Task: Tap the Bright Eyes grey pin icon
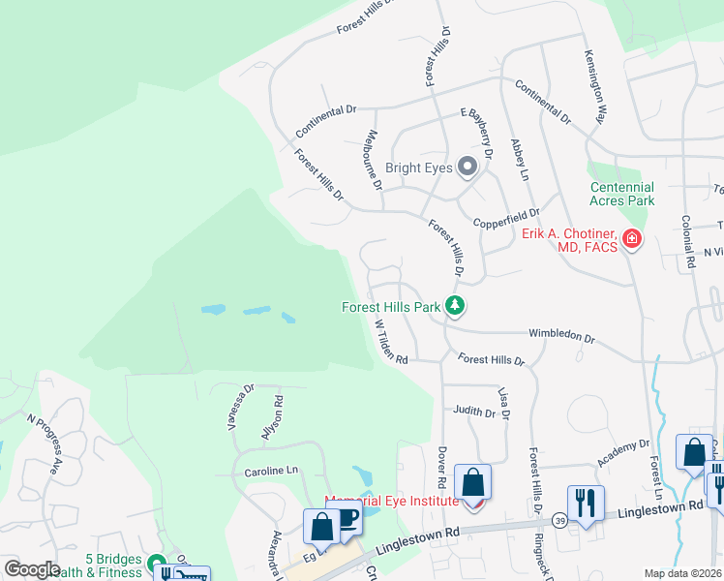pyautogui.click(x=468, y=168)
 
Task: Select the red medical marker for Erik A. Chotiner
pyautogui.click(x=632, y=238)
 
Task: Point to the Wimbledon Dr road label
pyautogui.click(x=561, y=335)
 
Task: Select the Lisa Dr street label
pyautogui.click(x=503, y=398)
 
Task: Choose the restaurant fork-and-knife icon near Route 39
pyautogui.click(x=586, y=503)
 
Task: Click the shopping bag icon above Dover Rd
pyautogui.click(x=472, y=481)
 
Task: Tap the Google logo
pyautogui.click(x=32, y=569)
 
